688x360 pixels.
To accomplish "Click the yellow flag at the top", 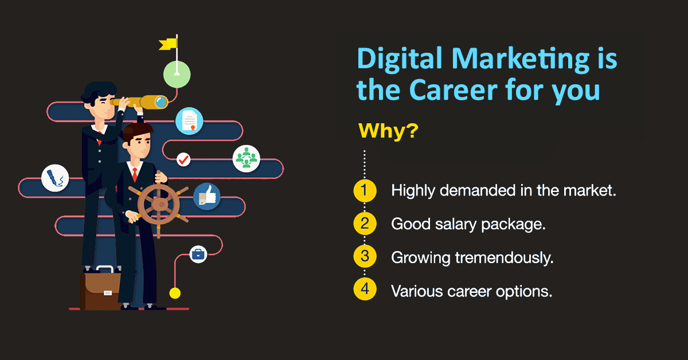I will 168,44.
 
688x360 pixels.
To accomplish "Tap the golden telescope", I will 140,102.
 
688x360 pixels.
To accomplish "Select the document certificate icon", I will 189,121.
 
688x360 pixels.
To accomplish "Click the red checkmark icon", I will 183,159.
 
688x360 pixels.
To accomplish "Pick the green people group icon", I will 247,158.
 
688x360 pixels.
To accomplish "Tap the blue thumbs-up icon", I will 206,197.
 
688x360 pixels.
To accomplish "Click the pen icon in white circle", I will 56,178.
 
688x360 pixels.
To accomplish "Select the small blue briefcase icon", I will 198,254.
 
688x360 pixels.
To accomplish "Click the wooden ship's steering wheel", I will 159,204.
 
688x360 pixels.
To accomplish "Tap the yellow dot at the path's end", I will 175,293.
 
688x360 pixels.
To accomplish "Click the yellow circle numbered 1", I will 365,191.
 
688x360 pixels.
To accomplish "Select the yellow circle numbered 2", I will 365,224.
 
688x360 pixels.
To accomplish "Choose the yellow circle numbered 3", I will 365,257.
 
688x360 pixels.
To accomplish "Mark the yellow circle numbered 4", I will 365,291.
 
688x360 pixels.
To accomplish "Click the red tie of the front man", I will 135,173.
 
